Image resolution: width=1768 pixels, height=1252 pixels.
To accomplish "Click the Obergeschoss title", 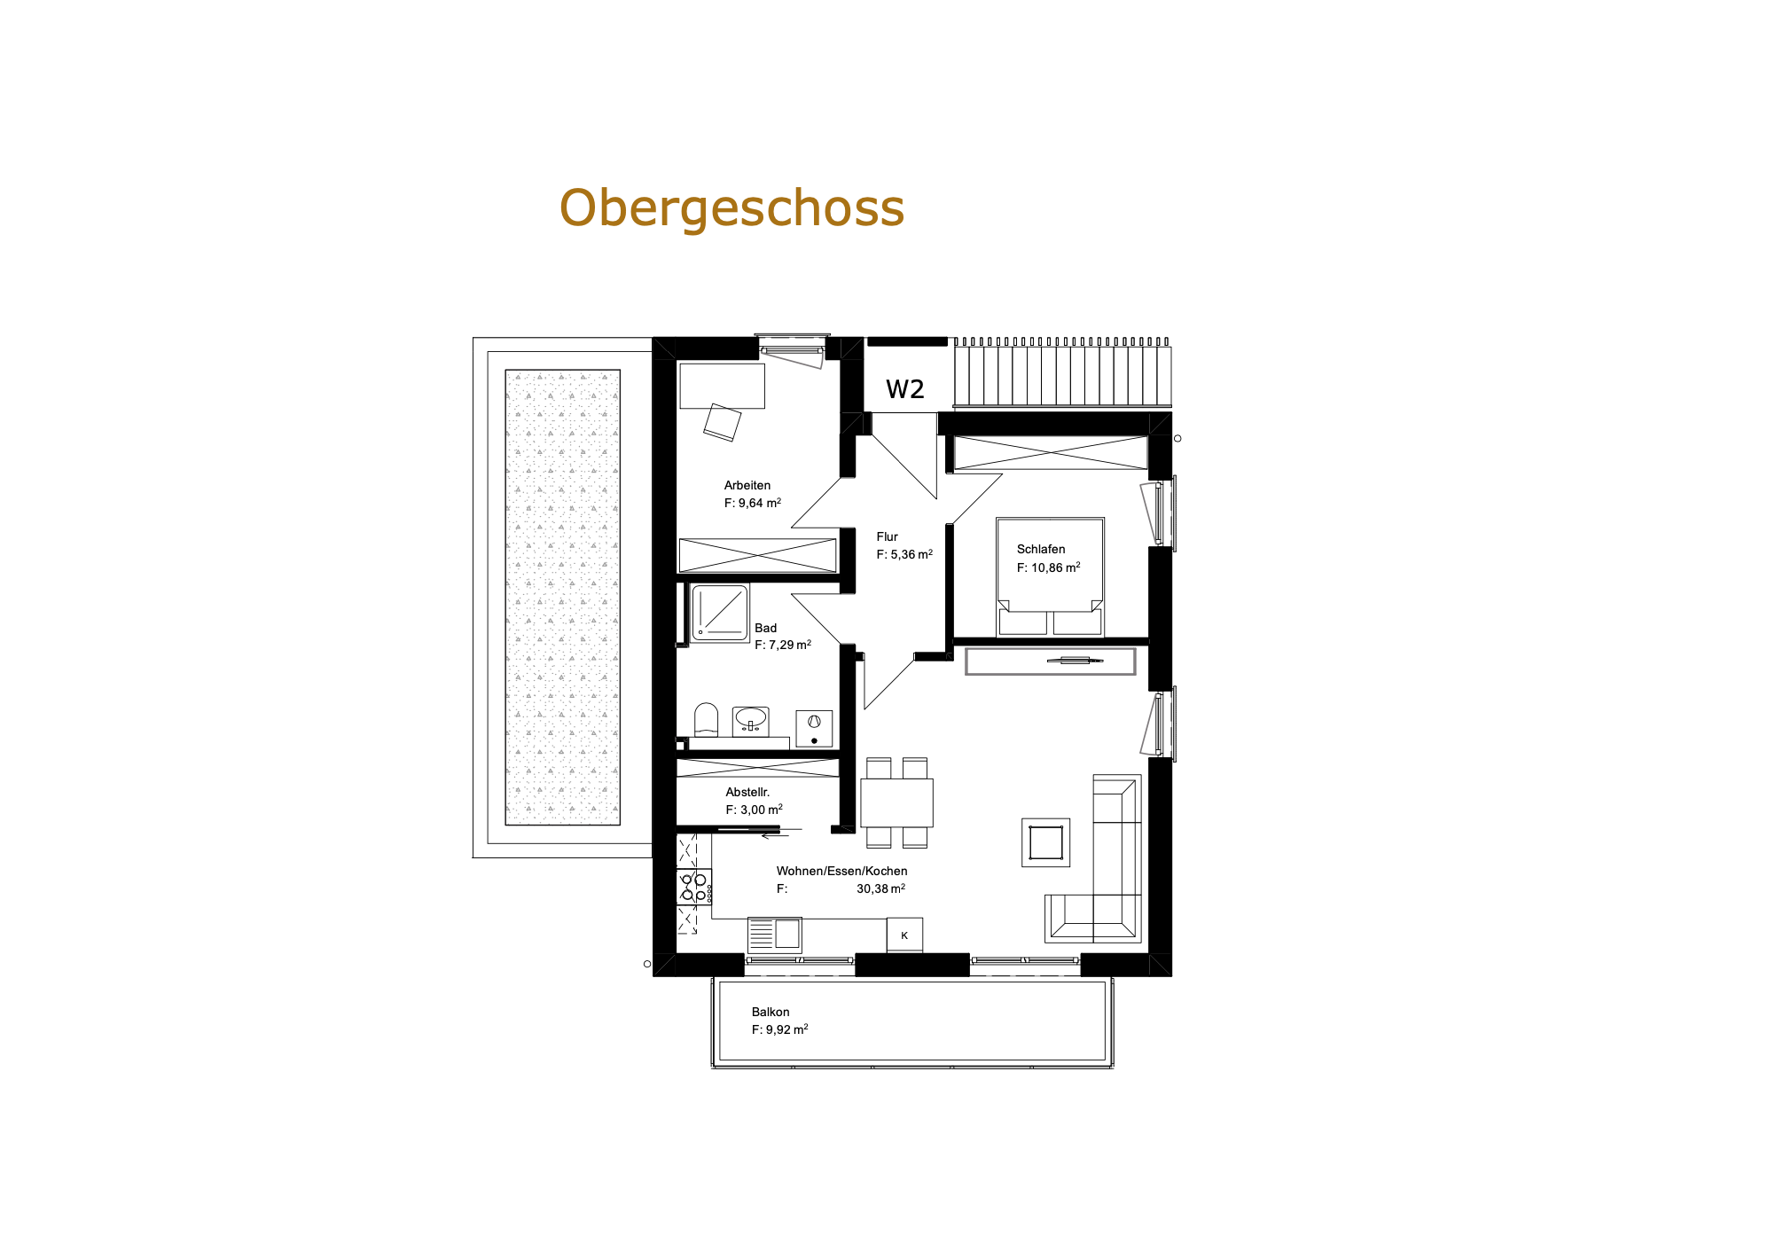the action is (731, 208).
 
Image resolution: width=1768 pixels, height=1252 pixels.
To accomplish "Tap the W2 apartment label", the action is (904, 389).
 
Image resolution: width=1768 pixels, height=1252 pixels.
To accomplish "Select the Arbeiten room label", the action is (747, 485).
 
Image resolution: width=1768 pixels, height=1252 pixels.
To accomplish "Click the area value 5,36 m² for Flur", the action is (911, 554).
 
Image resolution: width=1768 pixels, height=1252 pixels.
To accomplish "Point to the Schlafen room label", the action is (1041, 549).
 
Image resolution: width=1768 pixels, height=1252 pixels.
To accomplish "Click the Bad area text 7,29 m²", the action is (790, 645).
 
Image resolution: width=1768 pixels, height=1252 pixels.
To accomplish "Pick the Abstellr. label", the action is (747, 792).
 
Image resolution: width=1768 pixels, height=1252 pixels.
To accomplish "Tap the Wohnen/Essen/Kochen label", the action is (841, 871).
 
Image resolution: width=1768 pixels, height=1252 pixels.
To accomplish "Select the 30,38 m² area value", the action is (880, 888).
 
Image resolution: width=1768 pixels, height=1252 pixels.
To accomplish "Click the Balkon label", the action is (771, 1012).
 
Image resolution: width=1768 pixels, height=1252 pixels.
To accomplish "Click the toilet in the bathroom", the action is (706, 720).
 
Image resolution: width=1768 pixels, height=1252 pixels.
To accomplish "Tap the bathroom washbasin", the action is (751, 721).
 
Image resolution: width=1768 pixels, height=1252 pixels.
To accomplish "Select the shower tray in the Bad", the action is (720, 612).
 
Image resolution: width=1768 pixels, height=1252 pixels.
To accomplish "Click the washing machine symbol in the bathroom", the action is (814, 728).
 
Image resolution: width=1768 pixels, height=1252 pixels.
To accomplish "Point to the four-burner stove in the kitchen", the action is (694, 888).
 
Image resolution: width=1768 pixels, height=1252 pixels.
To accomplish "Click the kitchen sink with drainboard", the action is (775, 935).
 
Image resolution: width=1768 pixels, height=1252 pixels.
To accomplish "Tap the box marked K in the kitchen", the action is (904, 935).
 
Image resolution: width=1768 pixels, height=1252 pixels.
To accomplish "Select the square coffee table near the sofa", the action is (1045, 842).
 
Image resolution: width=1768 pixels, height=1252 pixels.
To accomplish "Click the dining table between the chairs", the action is (896, 802).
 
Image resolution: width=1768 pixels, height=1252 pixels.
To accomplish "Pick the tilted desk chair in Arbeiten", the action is (722, 422).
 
